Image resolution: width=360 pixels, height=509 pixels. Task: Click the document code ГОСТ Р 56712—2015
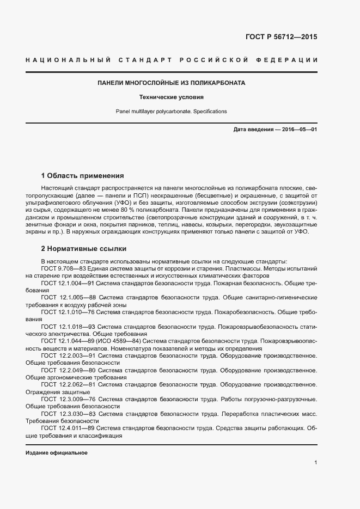[x=278, y=38]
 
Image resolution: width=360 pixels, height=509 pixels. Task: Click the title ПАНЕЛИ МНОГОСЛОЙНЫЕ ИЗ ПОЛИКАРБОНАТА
[x=171, y=83]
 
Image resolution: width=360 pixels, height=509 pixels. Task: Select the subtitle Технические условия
[x=171, y=98]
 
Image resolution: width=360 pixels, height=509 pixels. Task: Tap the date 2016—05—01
[x=299, y=130]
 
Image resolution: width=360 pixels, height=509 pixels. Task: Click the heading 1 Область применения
[x=83, y=176]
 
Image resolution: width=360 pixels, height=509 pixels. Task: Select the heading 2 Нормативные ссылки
[x=84, y=249]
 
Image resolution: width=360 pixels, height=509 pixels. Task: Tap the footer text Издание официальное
[x=57, y=453]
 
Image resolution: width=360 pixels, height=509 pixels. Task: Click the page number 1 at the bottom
[x=316, y=463]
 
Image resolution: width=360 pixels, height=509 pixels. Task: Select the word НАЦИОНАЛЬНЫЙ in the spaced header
[x=68, y=59]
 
